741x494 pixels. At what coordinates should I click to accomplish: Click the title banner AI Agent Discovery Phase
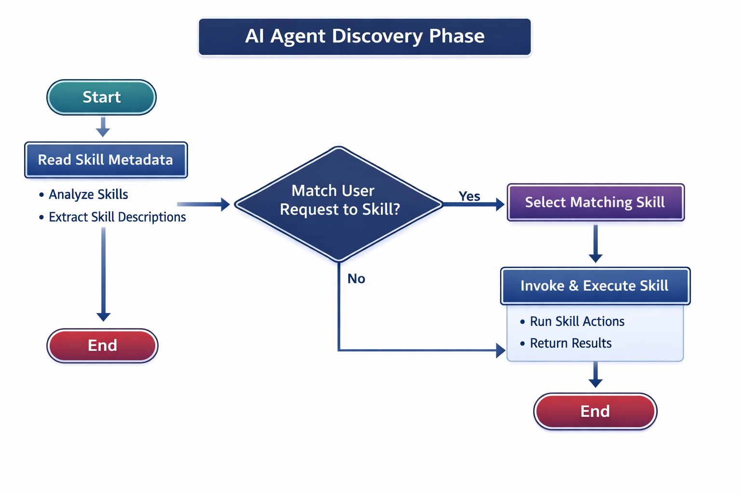click(365, 37)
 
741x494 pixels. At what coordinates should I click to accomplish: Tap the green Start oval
click(101, 97)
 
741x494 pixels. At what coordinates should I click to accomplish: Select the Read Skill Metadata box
click(106, 160)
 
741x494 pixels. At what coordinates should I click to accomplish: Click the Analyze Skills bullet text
click(88, 194)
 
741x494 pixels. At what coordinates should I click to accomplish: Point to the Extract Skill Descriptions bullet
click(117, 217)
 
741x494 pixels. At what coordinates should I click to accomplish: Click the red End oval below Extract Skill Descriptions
click(102, 345)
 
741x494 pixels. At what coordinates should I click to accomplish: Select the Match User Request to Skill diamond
click(339, 204)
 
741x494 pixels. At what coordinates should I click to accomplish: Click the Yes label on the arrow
click(469, 196)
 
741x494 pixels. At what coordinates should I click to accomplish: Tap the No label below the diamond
click(356, 279)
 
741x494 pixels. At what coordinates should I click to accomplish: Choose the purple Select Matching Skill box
click(595, 202)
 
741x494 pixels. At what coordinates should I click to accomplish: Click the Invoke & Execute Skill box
click(595, 286)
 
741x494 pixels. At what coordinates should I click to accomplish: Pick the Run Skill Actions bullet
click(577, 321)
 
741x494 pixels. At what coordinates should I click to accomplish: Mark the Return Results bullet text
click(571, 343)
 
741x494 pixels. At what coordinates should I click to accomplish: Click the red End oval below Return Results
click(595, 411)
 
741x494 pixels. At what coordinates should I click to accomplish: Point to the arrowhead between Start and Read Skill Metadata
click(103, 132)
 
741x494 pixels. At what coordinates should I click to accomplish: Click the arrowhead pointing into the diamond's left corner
click(225, 204)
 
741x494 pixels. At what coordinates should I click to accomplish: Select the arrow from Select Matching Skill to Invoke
click(595, 244)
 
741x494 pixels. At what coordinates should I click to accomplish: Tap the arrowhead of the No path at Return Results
click(501, 350)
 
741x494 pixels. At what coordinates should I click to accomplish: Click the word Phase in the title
click(456, 36)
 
